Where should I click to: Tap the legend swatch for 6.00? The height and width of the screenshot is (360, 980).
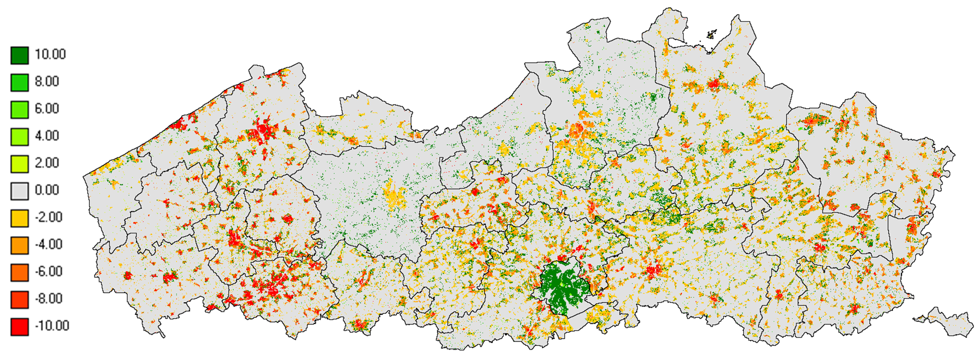20,110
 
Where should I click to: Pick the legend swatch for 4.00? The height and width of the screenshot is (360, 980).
20,137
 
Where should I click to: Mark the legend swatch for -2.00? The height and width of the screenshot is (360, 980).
20,218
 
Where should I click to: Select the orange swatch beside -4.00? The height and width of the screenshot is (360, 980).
20,245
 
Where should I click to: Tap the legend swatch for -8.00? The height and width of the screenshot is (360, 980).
20,300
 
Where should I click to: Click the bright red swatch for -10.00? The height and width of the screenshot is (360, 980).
20,327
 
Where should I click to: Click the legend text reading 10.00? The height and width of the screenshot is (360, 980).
50,55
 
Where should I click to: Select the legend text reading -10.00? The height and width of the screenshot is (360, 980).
52,326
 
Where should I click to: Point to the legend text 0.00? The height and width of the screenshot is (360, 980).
47,190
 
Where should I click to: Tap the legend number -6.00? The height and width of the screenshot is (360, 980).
48,271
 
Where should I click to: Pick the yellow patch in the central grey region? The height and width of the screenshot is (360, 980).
393,198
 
